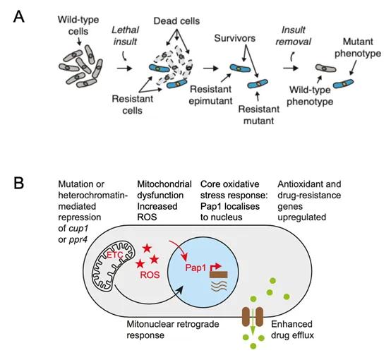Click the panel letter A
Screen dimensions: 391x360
point(18,17)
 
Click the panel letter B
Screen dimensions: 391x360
point(18,183)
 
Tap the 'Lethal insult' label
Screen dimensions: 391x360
point(125,36)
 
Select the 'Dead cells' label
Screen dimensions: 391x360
point(176,21)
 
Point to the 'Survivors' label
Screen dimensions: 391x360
point(234,38)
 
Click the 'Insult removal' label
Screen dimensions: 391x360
point(294,36)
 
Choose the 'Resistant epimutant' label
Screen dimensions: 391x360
point(210,95)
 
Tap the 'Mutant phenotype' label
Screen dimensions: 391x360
point(358,47)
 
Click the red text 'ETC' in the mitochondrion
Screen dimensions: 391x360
point(115,255)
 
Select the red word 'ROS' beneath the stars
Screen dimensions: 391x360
point(150,275)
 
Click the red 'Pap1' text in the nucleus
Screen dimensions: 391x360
point(195,268)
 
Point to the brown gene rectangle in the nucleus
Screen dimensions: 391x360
point(219,275)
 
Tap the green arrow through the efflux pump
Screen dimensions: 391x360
point(253,321)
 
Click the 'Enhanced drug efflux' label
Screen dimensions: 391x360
point(292,330)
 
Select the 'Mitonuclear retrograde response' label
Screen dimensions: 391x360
point(172,330)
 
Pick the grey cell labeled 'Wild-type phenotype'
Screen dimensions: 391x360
point(325,68)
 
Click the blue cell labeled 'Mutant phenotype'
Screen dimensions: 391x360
point(344,83)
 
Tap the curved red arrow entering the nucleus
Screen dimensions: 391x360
point(180,248)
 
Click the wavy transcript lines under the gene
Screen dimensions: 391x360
point(219,286)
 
